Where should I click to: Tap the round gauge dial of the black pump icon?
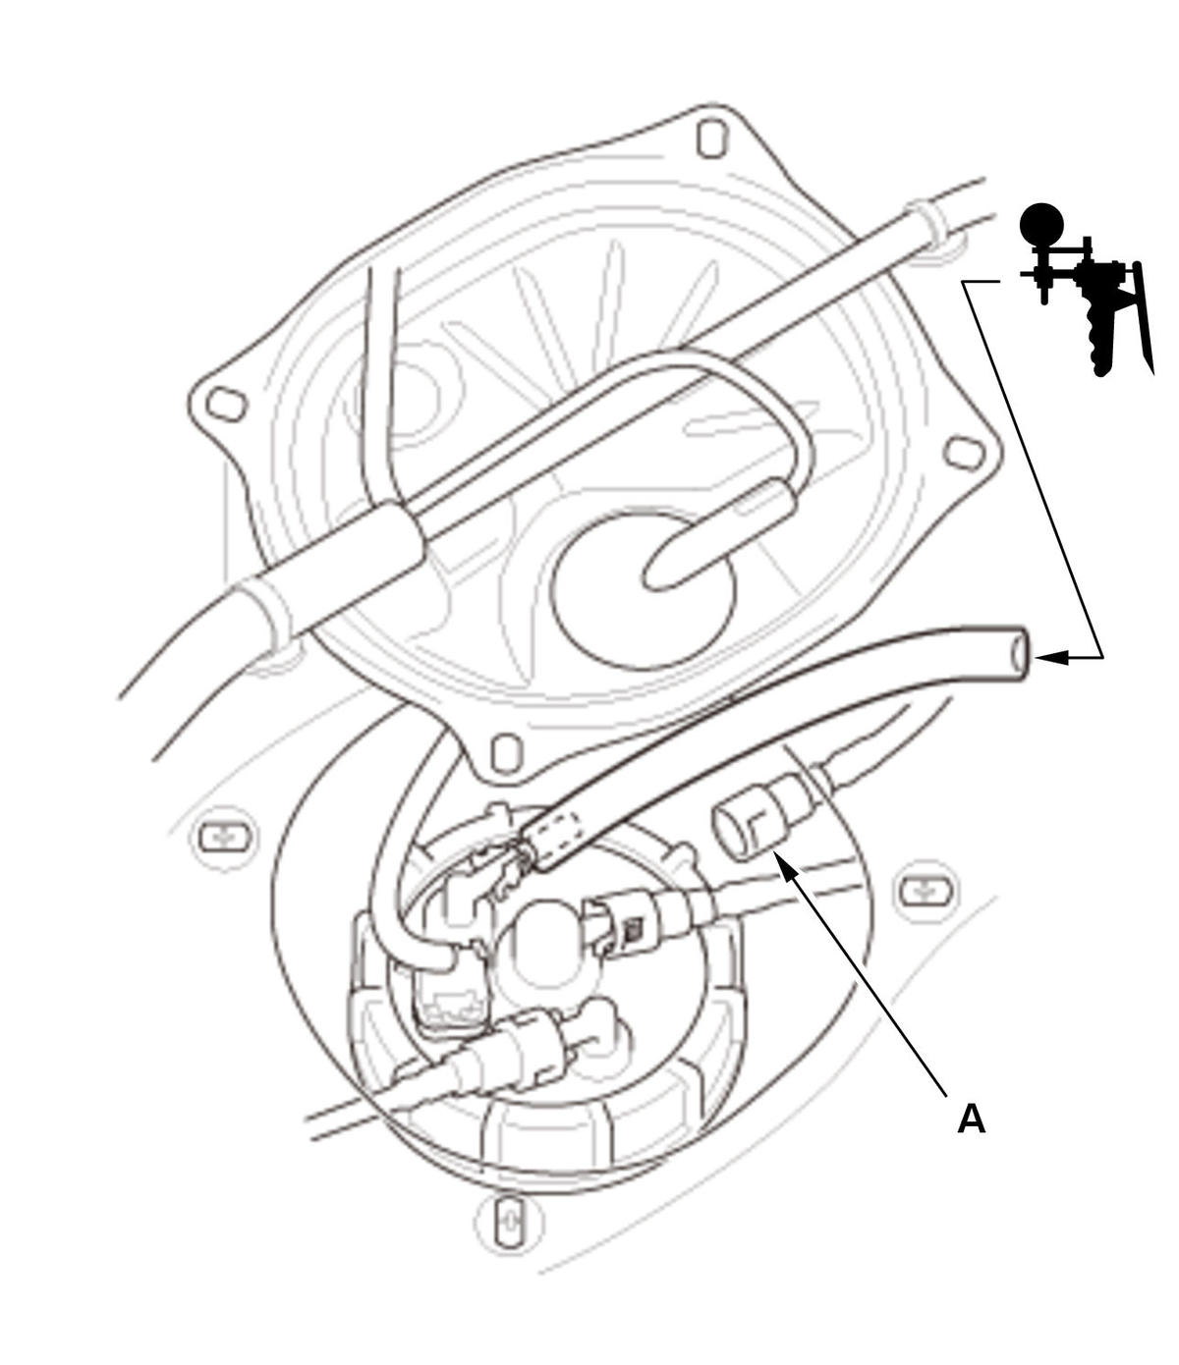point(1041,224)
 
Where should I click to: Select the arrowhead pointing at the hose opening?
point(1051,657)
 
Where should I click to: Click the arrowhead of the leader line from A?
point(786,866)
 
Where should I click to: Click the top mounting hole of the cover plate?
point(711,137)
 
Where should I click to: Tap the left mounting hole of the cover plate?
point(227,405)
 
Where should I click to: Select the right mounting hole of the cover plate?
point(964,453)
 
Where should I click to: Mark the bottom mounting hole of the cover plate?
point(507,753)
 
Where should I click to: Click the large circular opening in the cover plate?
point(643,592)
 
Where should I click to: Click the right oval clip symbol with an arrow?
point(926,891)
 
